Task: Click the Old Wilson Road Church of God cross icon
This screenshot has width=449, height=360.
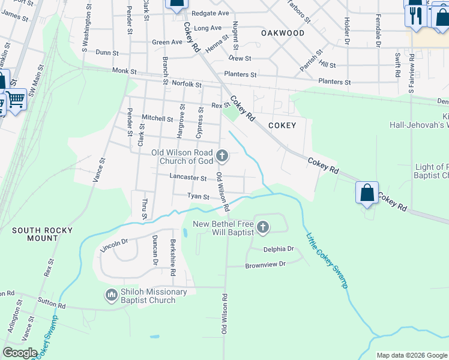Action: coord(222,157)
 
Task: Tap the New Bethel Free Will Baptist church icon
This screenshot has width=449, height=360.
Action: coord(263,227)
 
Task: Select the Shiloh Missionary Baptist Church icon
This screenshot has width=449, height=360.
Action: coord(110,295)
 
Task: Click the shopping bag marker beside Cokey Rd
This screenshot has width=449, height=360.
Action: coord(367,193)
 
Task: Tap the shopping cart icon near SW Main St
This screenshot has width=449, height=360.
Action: coord(16,99)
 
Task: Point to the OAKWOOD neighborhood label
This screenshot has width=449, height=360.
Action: coord(283,34)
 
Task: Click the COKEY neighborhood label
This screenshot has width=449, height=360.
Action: coord(282,125)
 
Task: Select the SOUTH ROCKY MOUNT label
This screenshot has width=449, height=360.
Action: coord(42,234)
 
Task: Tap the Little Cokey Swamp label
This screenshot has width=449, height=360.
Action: coord(327,261)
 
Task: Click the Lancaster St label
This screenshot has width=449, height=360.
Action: coord(188,178)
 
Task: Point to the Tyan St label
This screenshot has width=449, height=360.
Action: coord(198,196)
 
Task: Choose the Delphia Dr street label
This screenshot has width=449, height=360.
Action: coord(279,249)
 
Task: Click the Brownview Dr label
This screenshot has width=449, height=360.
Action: coord(265,264)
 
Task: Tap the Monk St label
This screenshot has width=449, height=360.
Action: coord(124,71)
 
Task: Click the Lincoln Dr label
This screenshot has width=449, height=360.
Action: coord(115,245)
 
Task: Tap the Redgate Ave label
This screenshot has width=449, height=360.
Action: coord(210,13)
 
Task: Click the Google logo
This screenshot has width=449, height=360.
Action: coord(20,352)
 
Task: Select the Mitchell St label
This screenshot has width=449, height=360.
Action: coord(157,118)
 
